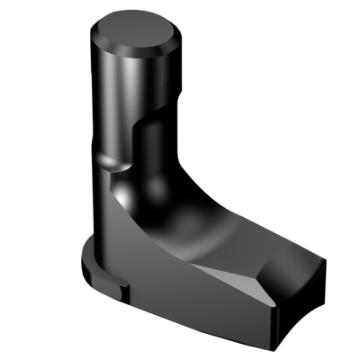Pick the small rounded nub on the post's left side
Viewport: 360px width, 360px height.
coord(110,162)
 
